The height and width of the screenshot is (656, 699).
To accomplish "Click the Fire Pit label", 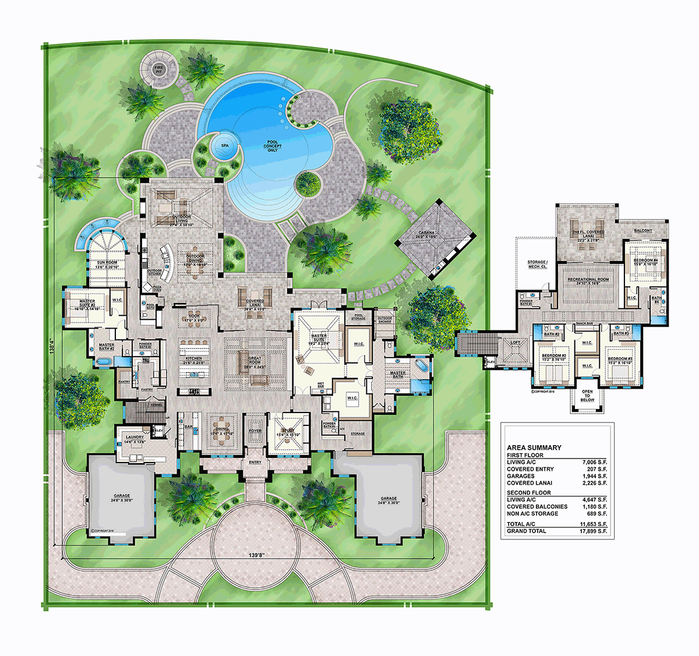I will pyautogui.click(x=158, y=69).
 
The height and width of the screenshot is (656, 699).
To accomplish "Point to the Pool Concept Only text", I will pyautogui.click(x=273, y=146).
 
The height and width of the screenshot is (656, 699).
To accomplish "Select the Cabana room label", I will pyautogui.click(x=426, y=235).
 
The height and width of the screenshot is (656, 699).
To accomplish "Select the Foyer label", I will pyautogui.click(x=255, y=431).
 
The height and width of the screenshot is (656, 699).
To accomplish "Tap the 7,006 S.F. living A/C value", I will pyautogui.click(x=594, y=462).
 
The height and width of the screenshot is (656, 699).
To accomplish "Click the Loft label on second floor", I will pyautogui.click(x=516, y=343).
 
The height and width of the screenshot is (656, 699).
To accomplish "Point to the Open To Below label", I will pyautogui.click(x=587, y=396).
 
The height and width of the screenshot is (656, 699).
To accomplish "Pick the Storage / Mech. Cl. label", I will pyautogui.click(x=536, y=264).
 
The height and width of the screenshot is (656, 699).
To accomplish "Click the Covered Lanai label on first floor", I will pyautogui.click(x=255, y=303).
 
